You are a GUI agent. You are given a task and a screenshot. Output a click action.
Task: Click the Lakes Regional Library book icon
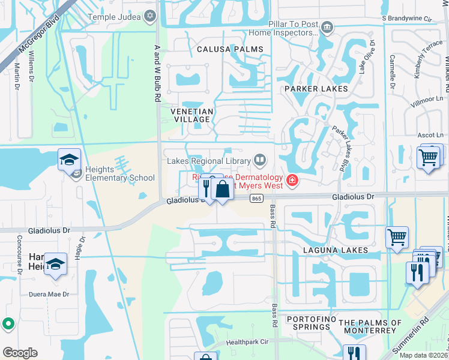[x=260, y=160]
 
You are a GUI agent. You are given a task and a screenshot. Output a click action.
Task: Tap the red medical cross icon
[x=292, y=180]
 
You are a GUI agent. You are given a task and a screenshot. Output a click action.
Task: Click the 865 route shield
[x=257, y=199]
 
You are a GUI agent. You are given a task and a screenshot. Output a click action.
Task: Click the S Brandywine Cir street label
[x=407, y=19]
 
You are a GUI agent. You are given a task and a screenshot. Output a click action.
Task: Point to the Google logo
[x=20, y=353]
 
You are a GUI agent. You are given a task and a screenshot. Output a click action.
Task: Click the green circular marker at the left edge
[x=7, y=324]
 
